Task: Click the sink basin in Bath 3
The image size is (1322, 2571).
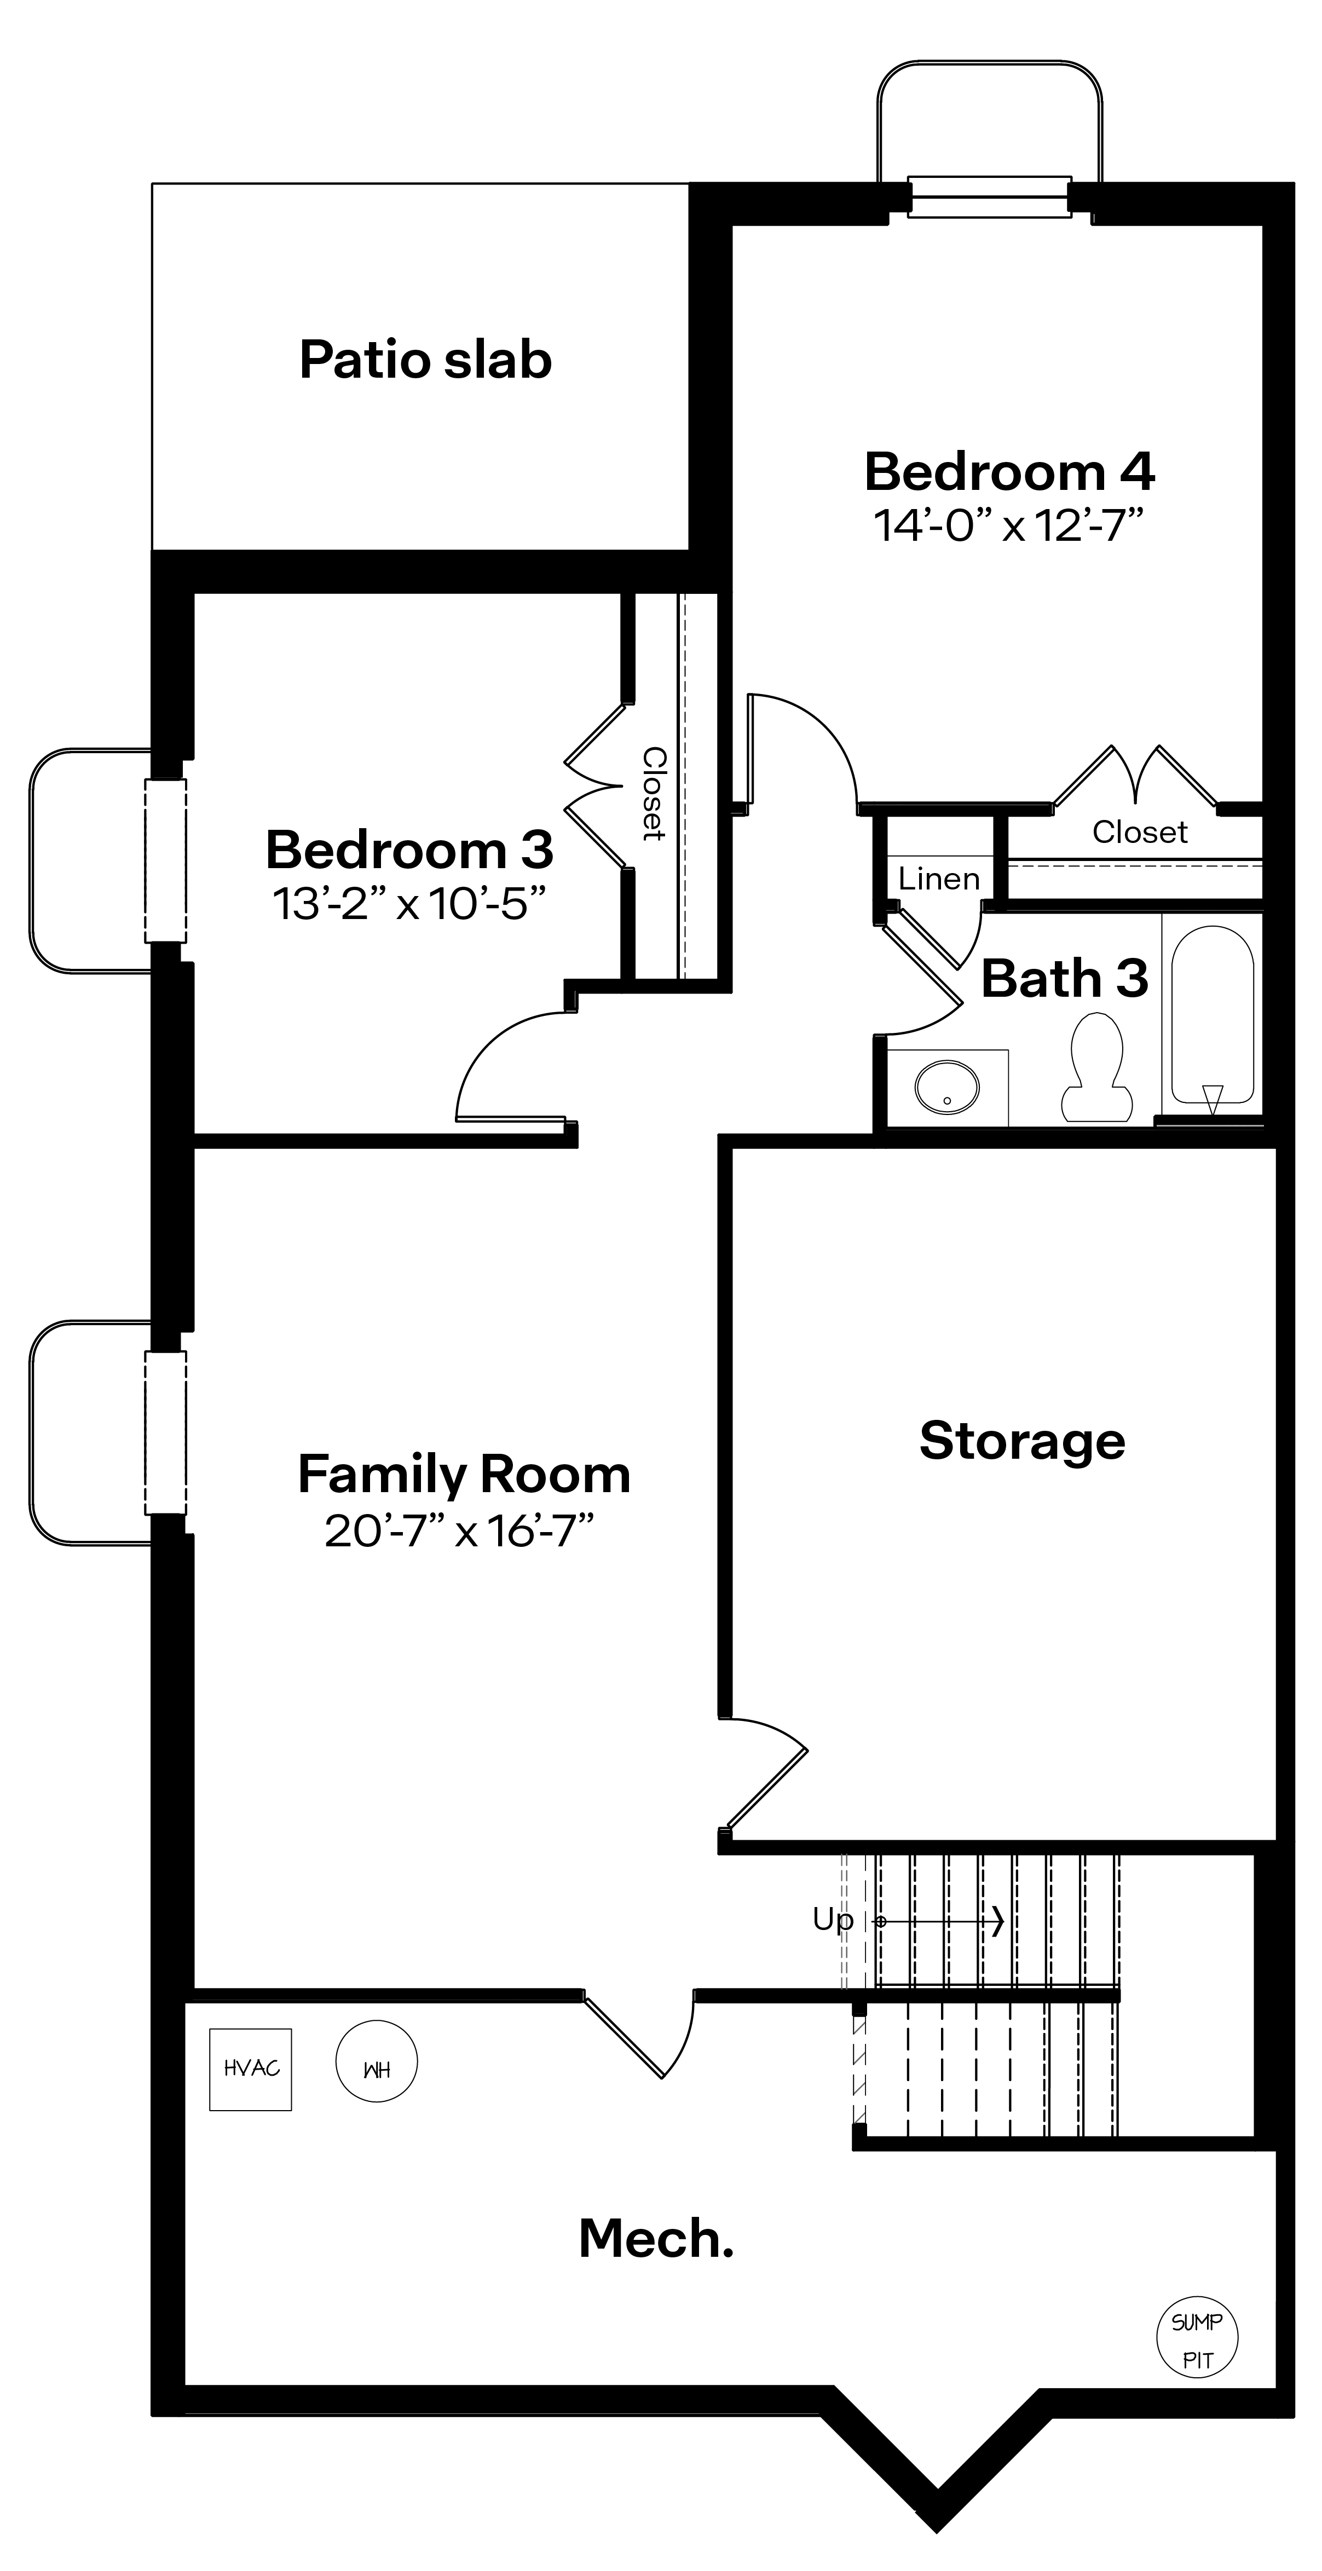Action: (x=946, y=1087)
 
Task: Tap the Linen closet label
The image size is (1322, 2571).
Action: (x=939, y=879)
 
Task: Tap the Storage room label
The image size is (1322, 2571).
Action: (x=1021, y=1441)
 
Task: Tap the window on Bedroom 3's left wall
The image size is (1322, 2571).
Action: (x=166, y=860)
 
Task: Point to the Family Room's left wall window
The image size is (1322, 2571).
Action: (x=166, y=1432)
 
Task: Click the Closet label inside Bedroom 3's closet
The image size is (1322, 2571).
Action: (x=653, y=794)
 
